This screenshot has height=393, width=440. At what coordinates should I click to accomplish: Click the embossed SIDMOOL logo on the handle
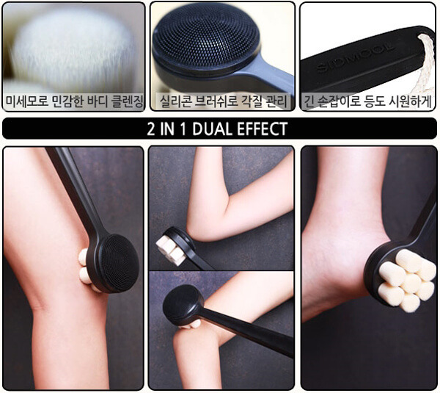pos(355,58)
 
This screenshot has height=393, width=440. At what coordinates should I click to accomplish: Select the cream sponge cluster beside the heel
pos(407,280)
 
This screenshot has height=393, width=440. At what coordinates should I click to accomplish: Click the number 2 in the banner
pos(151,129)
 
